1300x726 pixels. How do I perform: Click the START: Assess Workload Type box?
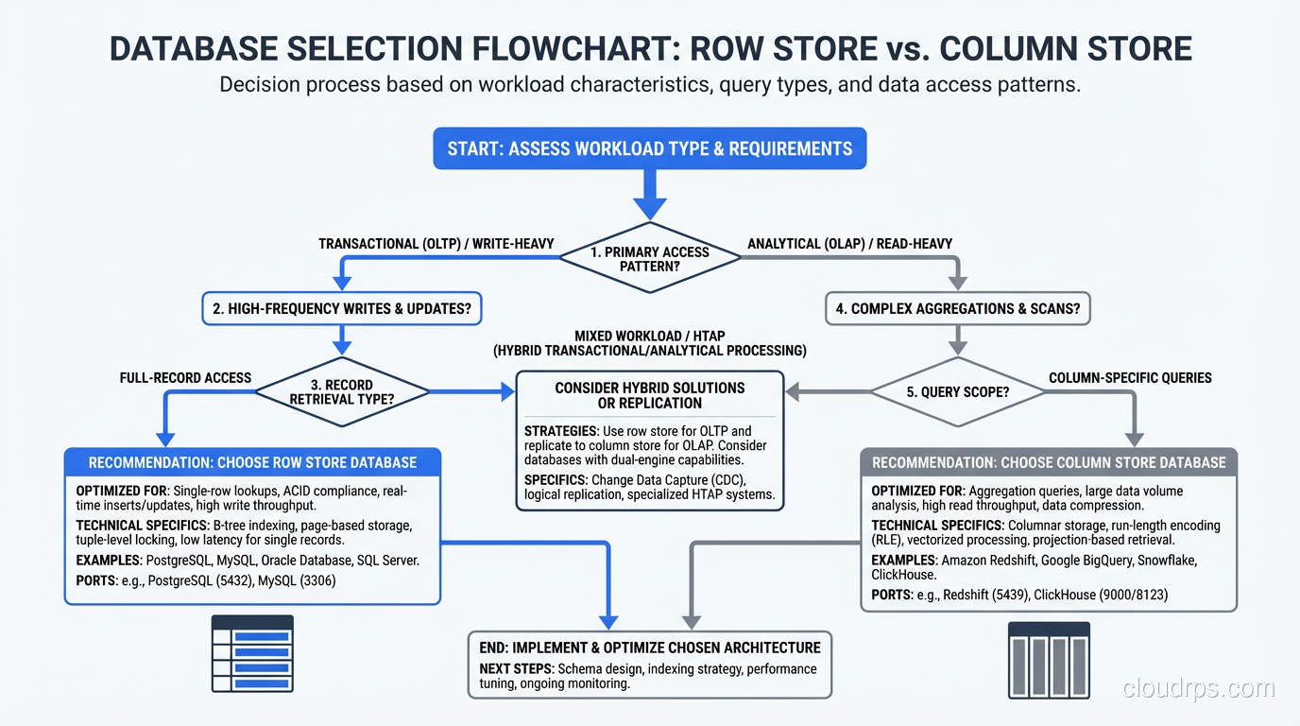point(649,148)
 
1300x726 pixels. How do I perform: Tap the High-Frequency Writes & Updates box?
point(342,308)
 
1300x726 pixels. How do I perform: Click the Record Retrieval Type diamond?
point(342,391)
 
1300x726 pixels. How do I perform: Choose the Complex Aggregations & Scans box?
point(958,308)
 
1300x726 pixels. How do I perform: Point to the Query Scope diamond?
point(958,391)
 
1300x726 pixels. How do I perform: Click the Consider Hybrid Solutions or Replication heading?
point(649,395)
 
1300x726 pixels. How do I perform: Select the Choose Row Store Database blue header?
point(252,463)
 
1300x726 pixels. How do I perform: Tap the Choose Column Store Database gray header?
point(1049,463)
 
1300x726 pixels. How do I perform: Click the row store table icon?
point(252,655)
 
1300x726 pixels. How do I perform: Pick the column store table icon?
point(1049,660)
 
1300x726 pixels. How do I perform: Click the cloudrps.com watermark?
point(1198,689)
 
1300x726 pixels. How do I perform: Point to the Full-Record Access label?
point(185,378)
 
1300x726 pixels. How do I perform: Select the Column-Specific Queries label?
point(1130,378)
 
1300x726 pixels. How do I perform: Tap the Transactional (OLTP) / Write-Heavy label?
point(435,244)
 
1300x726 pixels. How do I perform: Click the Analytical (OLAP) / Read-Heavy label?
point(849,244)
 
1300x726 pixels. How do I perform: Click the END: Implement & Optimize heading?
point(650,648)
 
